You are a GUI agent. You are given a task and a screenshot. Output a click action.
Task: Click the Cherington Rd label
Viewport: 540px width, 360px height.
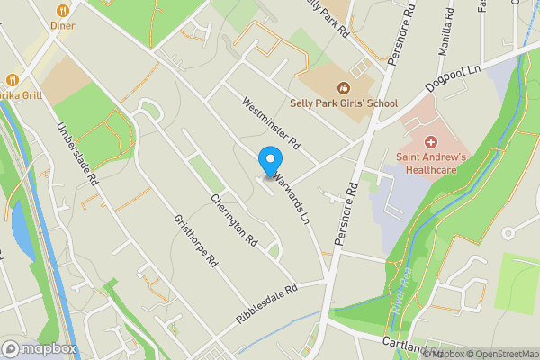[x=234, y=220]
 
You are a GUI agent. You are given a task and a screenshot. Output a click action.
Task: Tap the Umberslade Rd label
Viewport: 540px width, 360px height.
[x=78, y=155]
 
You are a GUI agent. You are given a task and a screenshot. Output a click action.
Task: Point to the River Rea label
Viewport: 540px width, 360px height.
[x=396, y=292]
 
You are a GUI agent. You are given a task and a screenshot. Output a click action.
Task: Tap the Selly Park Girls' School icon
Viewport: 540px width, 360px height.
[x=343, y=88]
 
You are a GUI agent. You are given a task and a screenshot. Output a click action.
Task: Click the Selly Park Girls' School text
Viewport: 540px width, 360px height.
[x=343, y=103]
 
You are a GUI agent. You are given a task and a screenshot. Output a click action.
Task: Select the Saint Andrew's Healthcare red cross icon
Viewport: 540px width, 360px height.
[x=430, y=142]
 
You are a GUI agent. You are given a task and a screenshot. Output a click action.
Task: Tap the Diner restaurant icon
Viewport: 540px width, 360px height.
[x=63, y=11]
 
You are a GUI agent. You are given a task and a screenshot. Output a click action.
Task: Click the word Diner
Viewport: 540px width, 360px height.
[x=63, y=26]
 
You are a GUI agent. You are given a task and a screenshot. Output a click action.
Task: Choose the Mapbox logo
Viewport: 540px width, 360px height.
[x=39, y=348]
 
